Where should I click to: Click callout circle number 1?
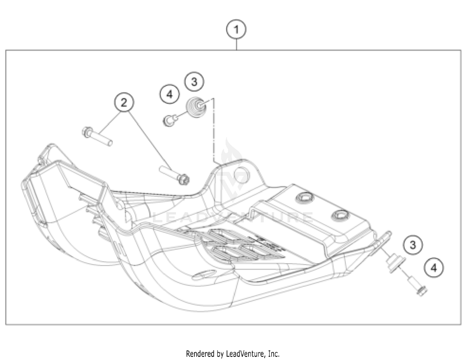236,30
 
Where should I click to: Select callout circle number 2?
124,102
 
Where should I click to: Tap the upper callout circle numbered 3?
194,82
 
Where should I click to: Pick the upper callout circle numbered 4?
170,94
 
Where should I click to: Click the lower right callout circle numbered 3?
413,245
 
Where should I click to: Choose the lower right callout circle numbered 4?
434,267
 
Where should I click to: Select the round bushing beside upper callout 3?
196,108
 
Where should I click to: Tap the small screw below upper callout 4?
170,120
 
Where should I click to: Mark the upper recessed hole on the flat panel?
304,197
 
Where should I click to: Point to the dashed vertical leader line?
214,130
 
